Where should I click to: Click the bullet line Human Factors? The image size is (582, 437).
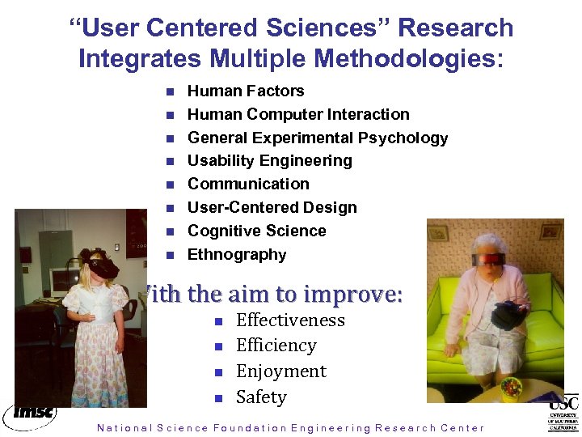(246, 91)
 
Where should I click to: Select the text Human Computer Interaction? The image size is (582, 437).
(298, 114)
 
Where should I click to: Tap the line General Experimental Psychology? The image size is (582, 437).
(317, 138)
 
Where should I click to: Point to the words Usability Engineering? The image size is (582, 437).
(269, 160)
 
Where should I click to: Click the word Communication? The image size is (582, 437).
(248, 184)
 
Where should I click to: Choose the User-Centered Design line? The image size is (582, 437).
(272, 207)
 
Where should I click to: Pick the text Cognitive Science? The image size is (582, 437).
(256, 231)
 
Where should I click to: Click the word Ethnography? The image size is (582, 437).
(237, 254)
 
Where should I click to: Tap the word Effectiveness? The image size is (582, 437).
(290, 320)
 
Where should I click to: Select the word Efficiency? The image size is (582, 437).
(276, 346)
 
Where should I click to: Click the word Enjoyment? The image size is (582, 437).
(280, 371)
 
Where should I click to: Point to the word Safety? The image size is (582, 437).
(261, 397)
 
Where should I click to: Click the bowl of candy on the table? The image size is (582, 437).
(511, 388)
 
